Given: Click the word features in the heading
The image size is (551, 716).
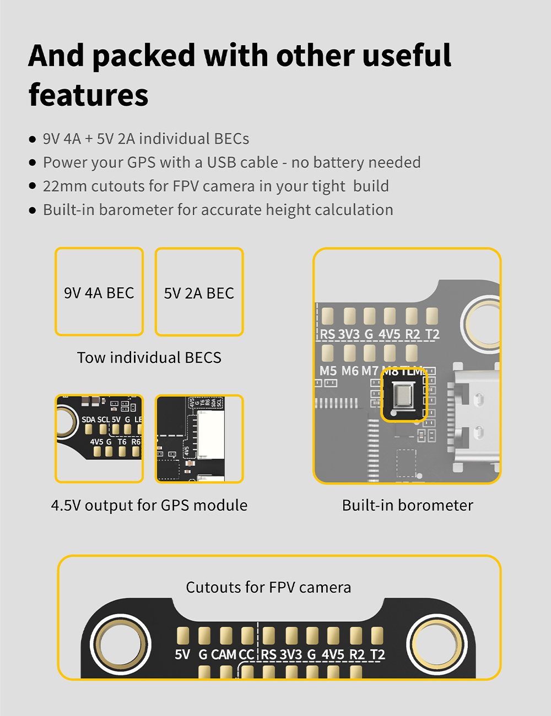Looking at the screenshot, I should pyautogui.click(x=88, y=95).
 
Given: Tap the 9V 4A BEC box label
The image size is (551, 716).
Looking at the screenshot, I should pyautogui.click(x=99, y=293).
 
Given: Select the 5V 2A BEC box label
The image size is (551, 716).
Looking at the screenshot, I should pyautogui.click(x=199, y=294).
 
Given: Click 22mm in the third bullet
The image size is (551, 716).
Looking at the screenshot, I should pyautogui.click(x=64, y=186).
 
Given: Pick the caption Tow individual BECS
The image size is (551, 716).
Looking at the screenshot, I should pyautogui.click(x=149, y=357).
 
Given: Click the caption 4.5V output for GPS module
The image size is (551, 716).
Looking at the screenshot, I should pyautogui.click(x=149, y=505).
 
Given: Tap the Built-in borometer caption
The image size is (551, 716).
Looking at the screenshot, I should pyautogui.click(x=407, y=505).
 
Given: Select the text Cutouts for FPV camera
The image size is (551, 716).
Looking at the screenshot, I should pyautogui.click(x=268, y=587).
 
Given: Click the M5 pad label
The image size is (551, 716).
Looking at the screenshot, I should pyautogui.click(x=328, y=371).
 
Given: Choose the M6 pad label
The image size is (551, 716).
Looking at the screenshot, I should pyautogui.click(x=350, y=371).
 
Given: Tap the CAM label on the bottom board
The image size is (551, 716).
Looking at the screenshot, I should pyautogui.click(x=224, y=654).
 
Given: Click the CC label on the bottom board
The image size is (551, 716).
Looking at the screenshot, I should pyautogui.click(x=246, y=654).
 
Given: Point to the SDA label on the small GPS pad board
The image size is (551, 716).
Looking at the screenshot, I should pyautogui.click(x=88, y=420).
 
